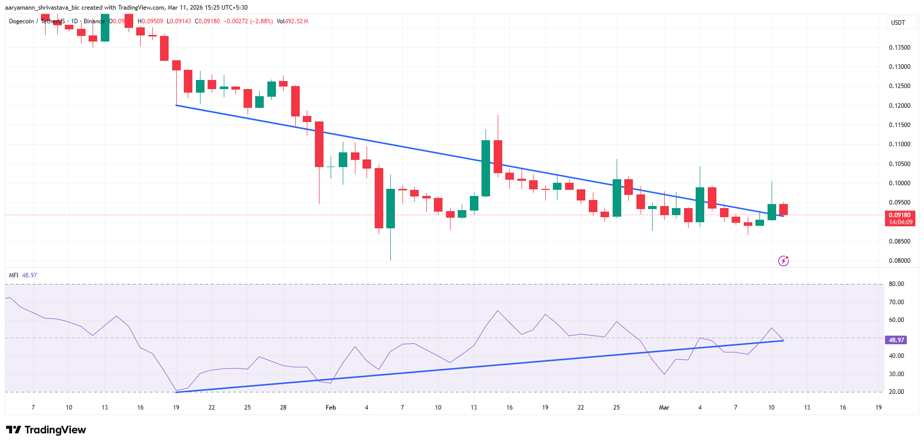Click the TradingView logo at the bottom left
(46, 430)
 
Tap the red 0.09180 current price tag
(900, 215)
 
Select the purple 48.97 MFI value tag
(896, 340)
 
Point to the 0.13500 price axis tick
(899, 48)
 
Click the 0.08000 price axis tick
(899, 261)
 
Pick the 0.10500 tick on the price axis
(899, 164)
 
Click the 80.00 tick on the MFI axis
(896, 284)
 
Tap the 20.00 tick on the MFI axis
(896, 392)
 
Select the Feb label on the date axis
(331, 408)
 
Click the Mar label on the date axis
(664, 408)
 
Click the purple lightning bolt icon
(783, 261)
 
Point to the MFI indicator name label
(14, 275)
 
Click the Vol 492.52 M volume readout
(293, 21)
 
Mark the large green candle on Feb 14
(486, 168)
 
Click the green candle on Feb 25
(617, 197)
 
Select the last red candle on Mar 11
(783, 209)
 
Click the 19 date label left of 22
(176, 408)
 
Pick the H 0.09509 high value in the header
(150, 21)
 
